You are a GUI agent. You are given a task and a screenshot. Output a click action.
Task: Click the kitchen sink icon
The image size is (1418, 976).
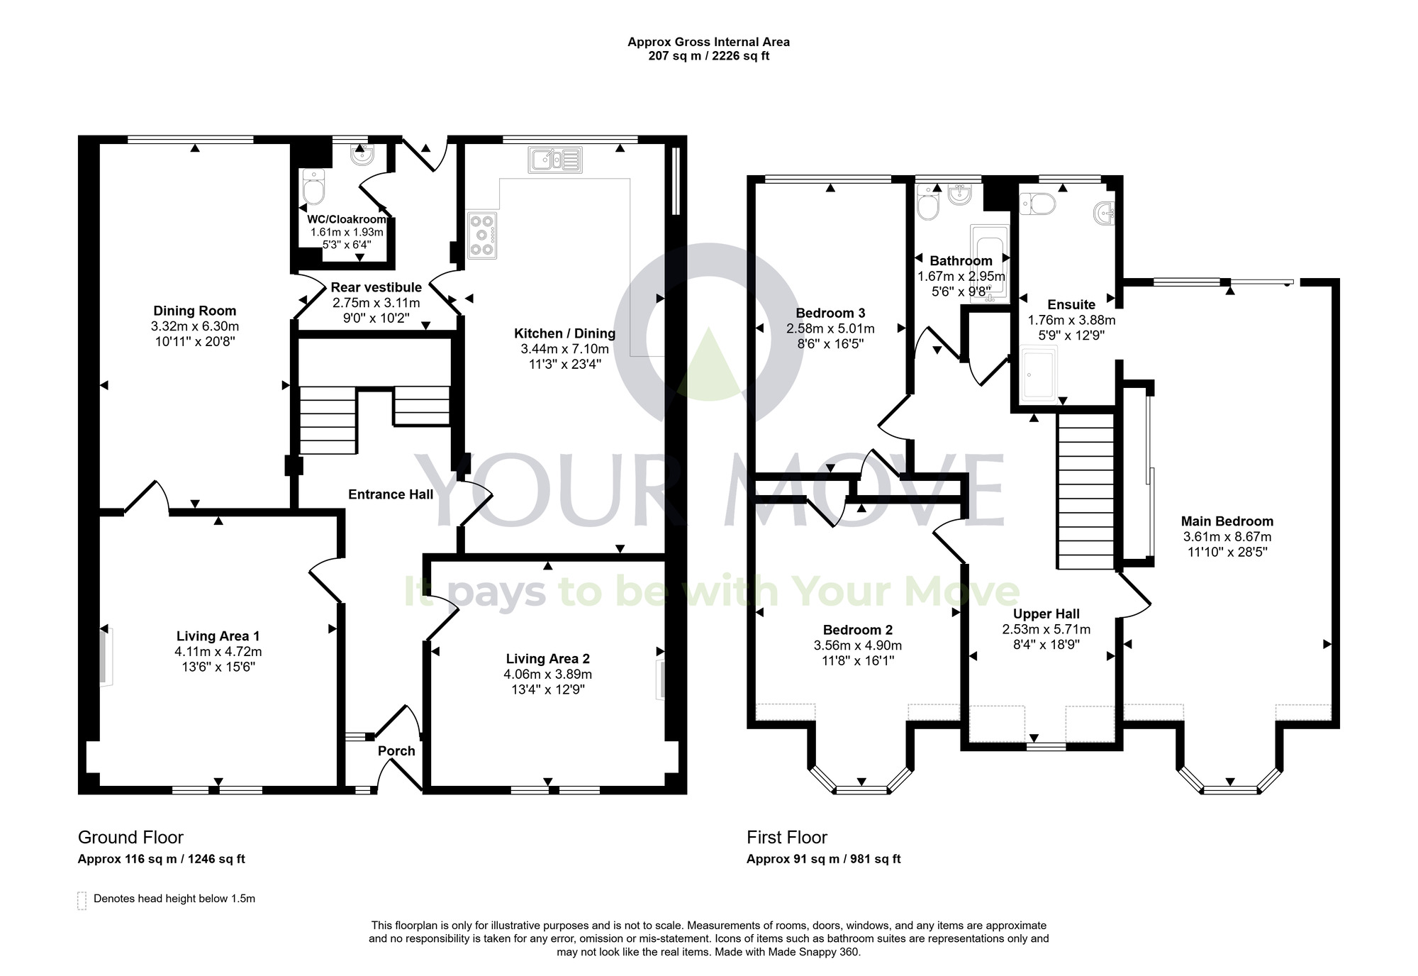[555, 160]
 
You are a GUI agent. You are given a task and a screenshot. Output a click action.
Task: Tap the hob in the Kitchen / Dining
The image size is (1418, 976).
[483, 235]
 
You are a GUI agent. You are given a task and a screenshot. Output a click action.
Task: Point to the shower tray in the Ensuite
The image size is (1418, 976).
[1039, 372]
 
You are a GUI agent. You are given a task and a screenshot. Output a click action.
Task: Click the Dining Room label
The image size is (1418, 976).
[194, 311]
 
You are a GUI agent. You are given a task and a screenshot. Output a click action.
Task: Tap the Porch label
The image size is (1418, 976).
[396, 750]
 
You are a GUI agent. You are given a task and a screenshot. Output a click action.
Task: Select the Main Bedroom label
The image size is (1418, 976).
[1227, 521]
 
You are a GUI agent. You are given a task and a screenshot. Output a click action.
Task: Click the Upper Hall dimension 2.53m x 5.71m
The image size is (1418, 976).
[1046, 629]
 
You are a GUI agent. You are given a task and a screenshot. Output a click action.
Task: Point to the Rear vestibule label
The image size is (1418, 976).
[376, 287]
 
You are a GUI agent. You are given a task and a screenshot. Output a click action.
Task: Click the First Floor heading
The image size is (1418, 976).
[786, 837]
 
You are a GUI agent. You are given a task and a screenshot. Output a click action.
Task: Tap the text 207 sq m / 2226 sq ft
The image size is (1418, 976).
[708, 55]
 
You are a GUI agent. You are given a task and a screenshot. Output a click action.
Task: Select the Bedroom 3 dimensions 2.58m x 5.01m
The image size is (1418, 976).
[830, 328]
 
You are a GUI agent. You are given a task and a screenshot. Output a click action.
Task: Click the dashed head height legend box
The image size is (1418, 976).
[82, 900]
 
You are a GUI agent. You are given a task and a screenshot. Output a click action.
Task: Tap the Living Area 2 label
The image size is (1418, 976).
[547, 659]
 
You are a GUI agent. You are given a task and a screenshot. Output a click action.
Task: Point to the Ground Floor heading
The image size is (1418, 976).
[130, 837]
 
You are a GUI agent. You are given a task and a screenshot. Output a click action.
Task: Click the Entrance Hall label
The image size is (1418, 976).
[390, 494]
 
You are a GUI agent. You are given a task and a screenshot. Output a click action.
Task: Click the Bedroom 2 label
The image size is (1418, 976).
[857, 630]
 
